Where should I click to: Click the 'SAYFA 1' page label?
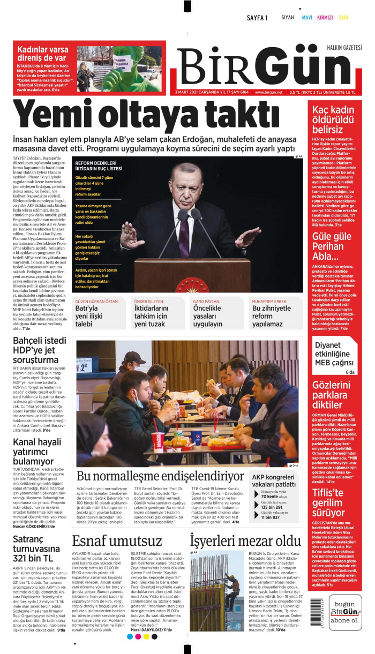point(257,18)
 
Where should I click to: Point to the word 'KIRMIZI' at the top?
point(325,18)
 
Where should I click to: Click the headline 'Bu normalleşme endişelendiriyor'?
point(160,476)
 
